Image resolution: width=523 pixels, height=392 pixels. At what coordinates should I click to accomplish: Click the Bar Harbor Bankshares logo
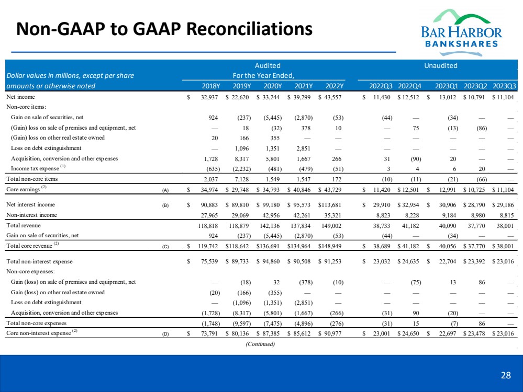(461, 29)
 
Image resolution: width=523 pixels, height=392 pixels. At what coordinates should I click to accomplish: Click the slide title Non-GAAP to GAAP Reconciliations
(164, 29)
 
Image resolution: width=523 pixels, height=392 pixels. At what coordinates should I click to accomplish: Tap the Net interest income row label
(31, 205)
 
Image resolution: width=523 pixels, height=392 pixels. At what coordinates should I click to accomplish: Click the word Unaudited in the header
(441, 66)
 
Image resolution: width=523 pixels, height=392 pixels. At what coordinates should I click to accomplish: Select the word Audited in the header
(268, 66)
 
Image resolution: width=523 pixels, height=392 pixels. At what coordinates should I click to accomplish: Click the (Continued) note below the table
(260, 343)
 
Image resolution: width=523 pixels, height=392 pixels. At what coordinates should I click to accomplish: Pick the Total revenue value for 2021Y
(301, 225)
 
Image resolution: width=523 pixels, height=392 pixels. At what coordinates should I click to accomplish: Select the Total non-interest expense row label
(39, 261)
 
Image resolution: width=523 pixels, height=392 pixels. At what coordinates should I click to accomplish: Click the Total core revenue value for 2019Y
(239, 245)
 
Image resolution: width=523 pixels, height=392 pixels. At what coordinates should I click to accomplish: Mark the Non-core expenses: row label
(29, 271)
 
